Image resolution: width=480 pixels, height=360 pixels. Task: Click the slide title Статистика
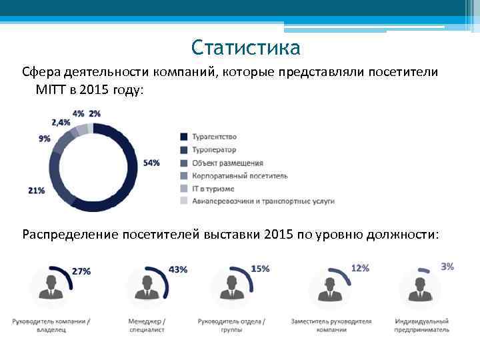245,48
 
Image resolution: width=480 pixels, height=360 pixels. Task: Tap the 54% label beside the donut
151,163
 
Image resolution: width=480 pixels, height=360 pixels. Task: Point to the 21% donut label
37,191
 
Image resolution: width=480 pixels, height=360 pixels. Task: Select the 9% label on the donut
45,139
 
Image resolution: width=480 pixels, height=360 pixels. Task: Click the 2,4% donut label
61,123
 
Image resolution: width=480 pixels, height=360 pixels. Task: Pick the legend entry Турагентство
213,137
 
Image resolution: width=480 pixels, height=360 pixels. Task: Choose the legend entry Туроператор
214,150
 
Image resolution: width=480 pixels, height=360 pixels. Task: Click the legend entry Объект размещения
227,163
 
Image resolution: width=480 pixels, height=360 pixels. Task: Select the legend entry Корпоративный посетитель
239,175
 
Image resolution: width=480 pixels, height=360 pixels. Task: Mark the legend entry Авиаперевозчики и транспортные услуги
263,201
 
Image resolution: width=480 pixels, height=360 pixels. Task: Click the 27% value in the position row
81,271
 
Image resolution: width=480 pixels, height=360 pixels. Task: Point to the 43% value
178,270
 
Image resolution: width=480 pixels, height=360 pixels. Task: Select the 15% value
260,269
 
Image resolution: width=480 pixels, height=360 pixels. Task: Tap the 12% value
360,268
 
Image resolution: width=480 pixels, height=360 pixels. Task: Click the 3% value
447,267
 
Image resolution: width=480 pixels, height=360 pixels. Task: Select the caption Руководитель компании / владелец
51,325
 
